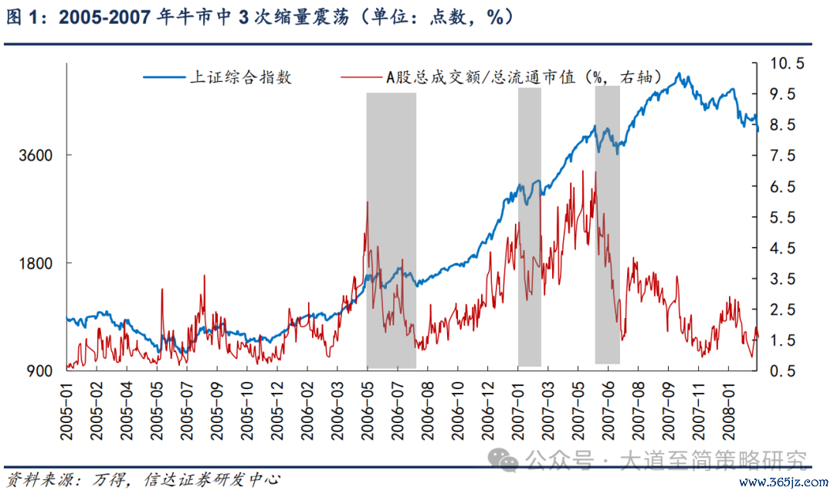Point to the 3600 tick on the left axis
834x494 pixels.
click(x=36, y=155)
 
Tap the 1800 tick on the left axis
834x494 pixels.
click(x=36, y=263)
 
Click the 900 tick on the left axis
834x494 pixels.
click(x=40, y=371)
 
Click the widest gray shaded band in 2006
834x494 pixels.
click(x=391, y=232)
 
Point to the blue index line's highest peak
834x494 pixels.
click(x=679, y=74)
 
